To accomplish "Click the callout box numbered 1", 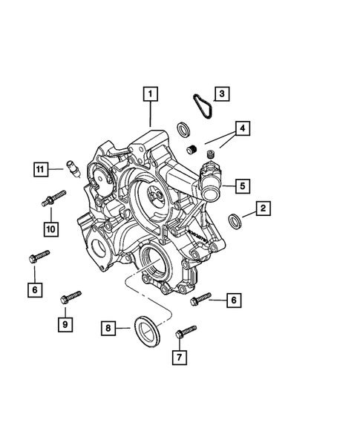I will click(151, 94).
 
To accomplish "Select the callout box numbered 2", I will click(263, 209).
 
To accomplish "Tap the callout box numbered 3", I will click(220, 93).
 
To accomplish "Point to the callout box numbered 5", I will click(242, 185).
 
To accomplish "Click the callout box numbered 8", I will click(108, 327).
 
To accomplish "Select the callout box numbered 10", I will click(51, 229).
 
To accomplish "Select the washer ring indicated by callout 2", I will click(235, 220).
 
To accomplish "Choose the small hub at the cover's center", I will click(156, 196).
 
